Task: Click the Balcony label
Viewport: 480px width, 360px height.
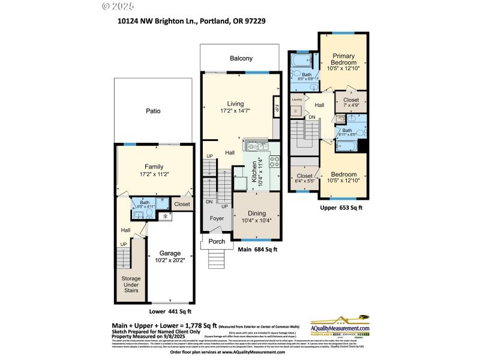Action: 241,58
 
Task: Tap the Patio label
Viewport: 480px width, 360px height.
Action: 153,111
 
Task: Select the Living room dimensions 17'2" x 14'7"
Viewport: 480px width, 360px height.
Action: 231,110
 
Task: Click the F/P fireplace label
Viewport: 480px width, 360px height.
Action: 277,109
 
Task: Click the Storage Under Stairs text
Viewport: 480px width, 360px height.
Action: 131,284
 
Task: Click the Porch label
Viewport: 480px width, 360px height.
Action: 217,242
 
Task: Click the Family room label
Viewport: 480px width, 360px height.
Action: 154,167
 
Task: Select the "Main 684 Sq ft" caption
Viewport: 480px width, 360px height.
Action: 257,250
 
